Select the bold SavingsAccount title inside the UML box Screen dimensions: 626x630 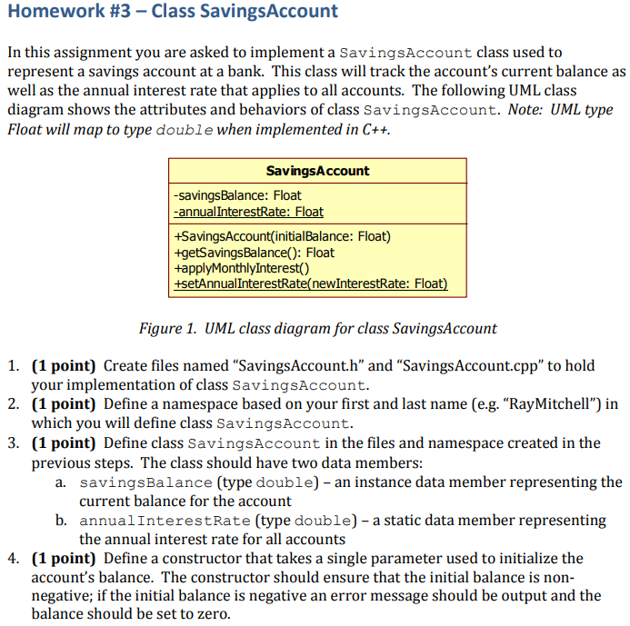(317, 171)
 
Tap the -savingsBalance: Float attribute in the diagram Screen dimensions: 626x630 (237, 195)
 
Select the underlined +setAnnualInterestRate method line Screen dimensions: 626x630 (310, 283)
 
